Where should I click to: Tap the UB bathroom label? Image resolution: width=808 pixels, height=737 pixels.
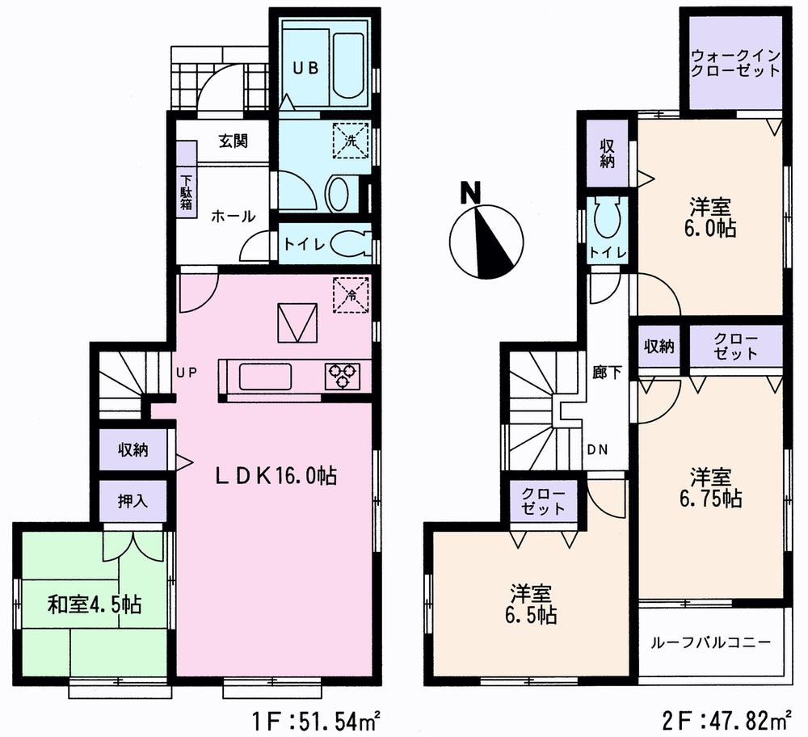click(305, 69)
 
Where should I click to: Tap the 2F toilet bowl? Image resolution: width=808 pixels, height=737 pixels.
click(606, 217)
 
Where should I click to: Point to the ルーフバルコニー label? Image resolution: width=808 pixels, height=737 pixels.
click(712, 644)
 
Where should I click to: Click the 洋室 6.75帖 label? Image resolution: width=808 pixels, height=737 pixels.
click(710, 486)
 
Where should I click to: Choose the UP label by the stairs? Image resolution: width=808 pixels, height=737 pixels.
click(187, 373)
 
